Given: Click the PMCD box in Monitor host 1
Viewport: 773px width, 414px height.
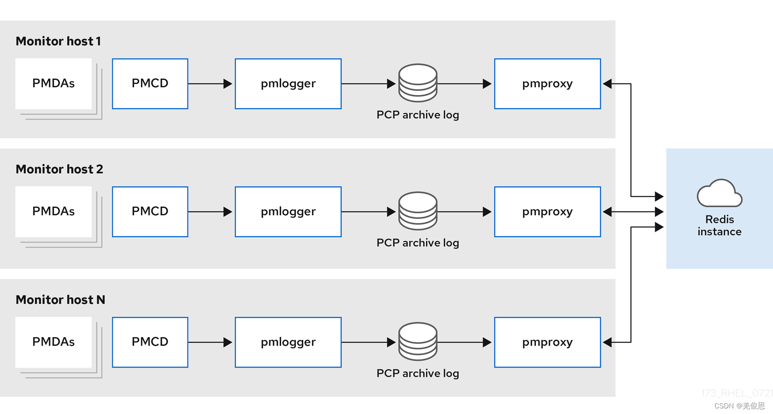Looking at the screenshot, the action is [150, 84].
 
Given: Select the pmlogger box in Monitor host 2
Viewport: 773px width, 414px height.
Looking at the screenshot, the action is [288, 212].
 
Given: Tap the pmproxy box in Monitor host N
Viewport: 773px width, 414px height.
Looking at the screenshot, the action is [547, 342].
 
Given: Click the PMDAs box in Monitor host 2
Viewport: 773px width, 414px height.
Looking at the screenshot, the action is [53, 212].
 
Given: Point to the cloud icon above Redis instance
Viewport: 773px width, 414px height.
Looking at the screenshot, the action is [720, 193].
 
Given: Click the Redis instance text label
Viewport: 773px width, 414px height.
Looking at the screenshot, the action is [720, 226].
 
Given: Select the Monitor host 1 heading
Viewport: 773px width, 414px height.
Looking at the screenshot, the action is [58, 41].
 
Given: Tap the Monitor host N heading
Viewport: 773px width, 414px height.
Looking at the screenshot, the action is [61, 300].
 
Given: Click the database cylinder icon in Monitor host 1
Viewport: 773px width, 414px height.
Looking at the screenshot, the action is [418, 83].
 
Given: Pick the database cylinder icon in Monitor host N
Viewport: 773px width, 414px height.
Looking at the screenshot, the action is [418, 341].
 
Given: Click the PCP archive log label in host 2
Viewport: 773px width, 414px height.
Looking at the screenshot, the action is [418, 243].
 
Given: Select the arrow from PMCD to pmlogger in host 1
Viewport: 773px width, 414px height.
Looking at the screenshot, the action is [210, 84].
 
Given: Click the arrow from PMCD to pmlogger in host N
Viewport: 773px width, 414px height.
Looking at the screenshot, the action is [210, 342].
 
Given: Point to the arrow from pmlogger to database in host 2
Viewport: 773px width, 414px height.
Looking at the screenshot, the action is [369, 212].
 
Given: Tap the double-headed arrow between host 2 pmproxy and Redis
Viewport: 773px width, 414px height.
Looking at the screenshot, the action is [633, 212].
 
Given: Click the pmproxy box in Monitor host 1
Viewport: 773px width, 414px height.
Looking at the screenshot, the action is [547, 84].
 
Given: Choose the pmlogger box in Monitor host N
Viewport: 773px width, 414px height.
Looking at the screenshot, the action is [288, 342].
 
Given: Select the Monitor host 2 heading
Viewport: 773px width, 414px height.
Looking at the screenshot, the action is [60, 169].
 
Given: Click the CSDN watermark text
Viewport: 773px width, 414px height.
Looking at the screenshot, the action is [739, 406].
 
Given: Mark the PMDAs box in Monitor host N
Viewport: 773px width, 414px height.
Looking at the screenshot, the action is [53, 342].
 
